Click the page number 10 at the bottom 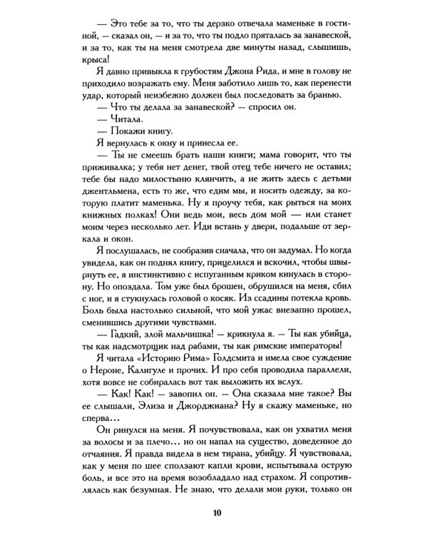(215, 514)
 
